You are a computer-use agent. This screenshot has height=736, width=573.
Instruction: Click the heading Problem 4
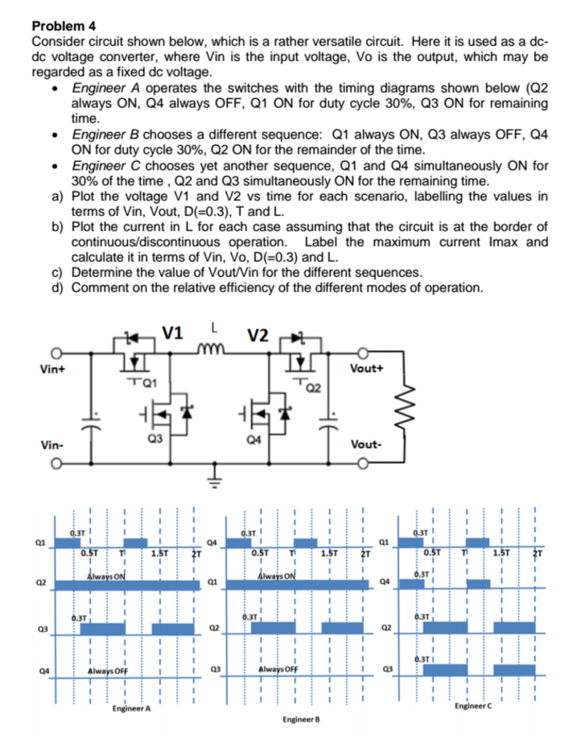click(64, 26)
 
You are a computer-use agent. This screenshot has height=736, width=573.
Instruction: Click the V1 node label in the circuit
click(172, 333)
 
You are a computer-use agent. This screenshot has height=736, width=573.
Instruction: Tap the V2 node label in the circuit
click(258, 336)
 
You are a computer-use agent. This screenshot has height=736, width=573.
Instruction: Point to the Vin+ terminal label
click(52, 370)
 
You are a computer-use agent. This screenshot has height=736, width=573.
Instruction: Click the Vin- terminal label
click(52, 444)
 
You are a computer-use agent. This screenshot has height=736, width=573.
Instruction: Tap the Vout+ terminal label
click(366, 369)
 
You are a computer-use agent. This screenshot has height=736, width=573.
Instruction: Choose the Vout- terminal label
click(366, 444)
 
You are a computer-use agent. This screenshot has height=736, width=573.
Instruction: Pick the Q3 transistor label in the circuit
click(155, 439)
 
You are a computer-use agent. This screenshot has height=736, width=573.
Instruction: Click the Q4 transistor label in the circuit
click(254, 440)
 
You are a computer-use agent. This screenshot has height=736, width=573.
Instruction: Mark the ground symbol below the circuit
click(214, 478)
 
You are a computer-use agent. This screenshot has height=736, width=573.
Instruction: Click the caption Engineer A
click(131, 709)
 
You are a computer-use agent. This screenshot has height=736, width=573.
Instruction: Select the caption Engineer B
click(301, 720)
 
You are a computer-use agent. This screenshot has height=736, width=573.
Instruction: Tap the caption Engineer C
click(473, 706)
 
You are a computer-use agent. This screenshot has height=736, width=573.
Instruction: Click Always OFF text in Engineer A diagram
click(108, 672)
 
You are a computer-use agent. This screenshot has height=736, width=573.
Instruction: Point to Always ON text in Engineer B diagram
click(276, 576)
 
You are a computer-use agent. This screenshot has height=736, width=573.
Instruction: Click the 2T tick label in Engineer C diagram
click(538, 553)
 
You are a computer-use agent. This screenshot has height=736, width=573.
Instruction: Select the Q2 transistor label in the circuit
click(314, 388)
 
